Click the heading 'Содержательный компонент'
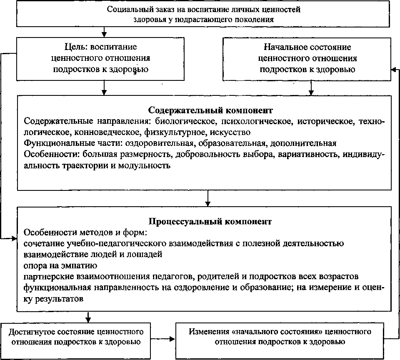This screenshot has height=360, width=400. pos(210,110)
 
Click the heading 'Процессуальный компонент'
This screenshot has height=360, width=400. pos(210,221)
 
